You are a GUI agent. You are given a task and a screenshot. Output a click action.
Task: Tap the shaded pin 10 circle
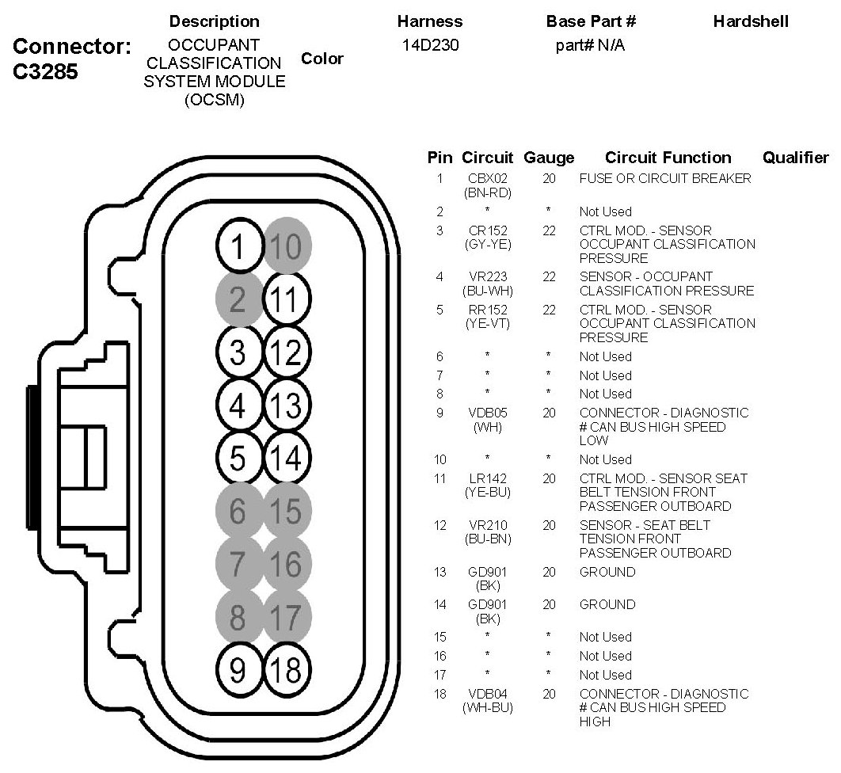pyautogui.click(x=287, y=249)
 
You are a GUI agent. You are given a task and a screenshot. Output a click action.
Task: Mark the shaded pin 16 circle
pyautogui.click(x=287, y=563)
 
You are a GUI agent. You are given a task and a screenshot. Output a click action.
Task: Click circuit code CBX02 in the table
pyautogui.click(x=487, y=179)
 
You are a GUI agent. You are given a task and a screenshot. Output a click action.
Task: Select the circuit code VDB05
pyautogui.click(x=487, y=413)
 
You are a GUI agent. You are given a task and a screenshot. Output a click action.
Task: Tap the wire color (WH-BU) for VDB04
pyautogui.click(x=487, y=707)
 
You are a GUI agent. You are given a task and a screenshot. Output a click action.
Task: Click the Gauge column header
pyautogui.click(x=549, y=158)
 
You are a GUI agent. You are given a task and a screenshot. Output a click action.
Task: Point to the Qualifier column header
pyautogui.click(x=795, y=158)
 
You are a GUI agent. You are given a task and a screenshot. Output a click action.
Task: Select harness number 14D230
pyautogui.click(x=430, y=46)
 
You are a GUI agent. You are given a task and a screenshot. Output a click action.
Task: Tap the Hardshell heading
pyautogui.click(x=751, y=22)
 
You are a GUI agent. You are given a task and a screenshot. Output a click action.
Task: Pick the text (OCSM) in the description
pyautogui.click(x=214, y=99)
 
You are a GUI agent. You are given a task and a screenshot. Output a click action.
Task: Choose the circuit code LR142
pyautogui.click(x=487, y=478)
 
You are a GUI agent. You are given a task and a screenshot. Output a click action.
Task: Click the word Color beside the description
pyautogui.click(x=322, y=59)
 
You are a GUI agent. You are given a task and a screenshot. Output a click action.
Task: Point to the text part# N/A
pyautogui.click(x=590, y=46)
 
